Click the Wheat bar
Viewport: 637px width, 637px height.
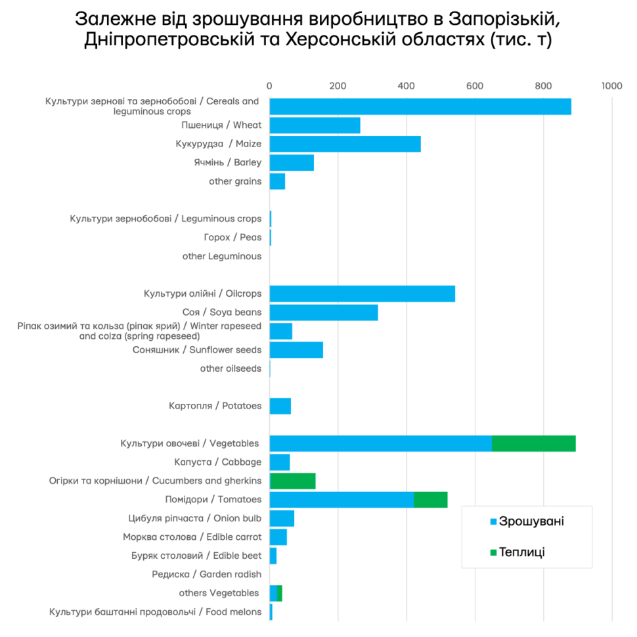315,125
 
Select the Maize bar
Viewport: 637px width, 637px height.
345,144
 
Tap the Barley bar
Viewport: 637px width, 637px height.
292,162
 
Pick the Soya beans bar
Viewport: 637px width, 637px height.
324,313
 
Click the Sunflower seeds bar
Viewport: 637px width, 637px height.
296,350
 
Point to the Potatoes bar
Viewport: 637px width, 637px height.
280,406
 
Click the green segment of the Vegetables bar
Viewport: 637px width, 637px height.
533,443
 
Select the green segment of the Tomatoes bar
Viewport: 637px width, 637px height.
430,499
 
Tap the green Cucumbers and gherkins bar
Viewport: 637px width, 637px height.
293,481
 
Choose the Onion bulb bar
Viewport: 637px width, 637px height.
282,518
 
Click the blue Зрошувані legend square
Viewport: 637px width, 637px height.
493,522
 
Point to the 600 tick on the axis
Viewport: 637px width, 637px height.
475,85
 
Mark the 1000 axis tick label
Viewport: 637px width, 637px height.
611,85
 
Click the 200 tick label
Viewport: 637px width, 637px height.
338,85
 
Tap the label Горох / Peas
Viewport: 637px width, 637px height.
232,238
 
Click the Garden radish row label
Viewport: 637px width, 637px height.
206,575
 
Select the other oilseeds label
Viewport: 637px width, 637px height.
231,368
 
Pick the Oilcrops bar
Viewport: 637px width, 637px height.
362,294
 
